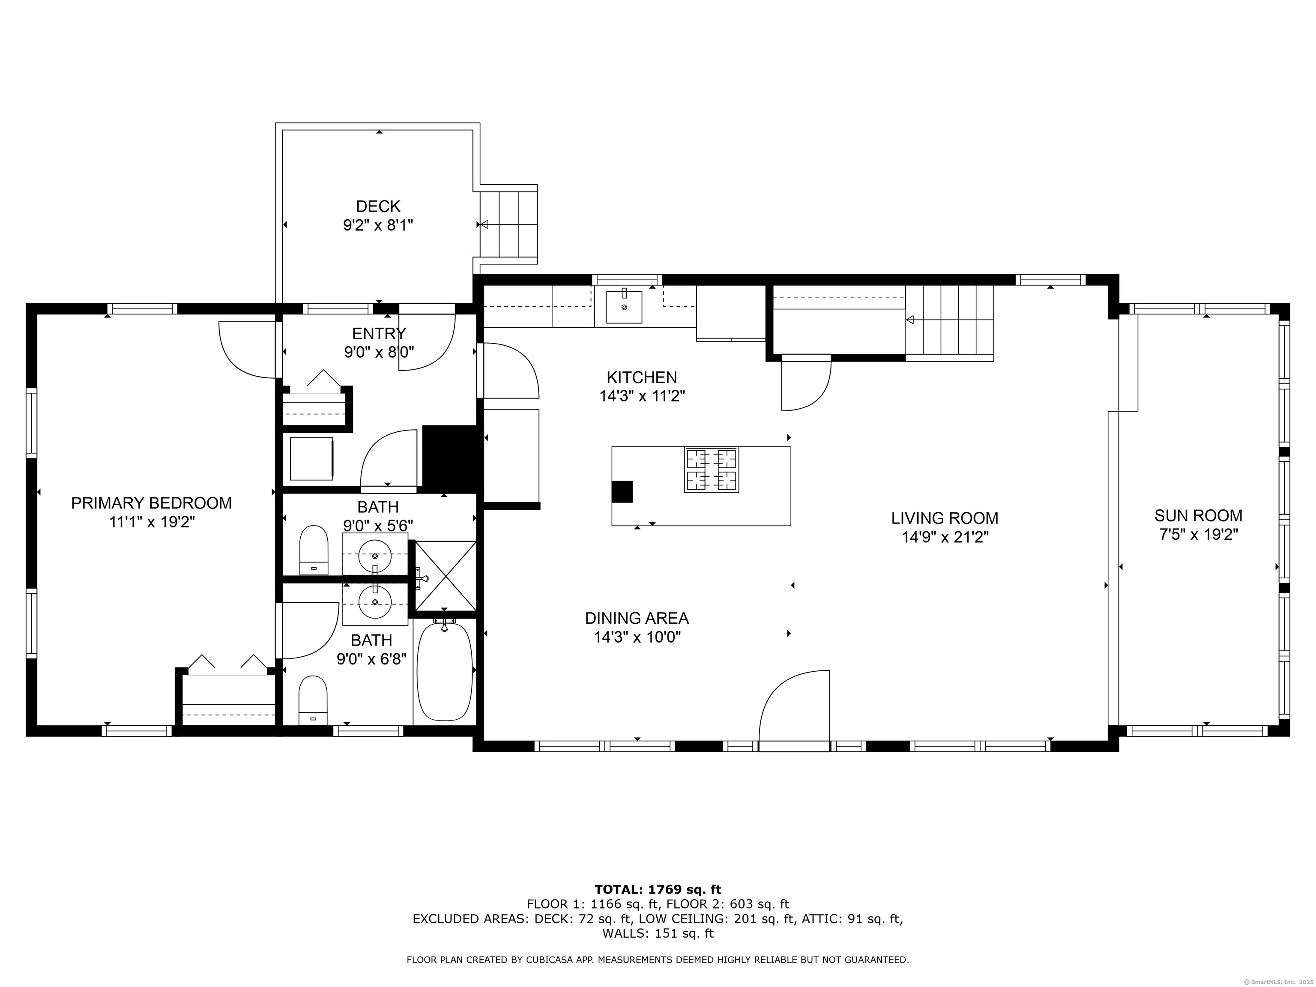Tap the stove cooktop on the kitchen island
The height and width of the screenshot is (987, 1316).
pyautogui.click(x=712, y=470)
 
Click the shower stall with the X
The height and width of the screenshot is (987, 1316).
pyautogui.click(x=446, y=576)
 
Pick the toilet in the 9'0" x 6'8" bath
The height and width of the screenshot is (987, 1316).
pyautogui.click(x=313, y=700)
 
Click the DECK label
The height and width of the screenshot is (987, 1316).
pyautogui.click(x=378, y=206)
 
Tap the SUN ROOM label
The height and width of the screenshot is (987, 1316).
pyautogui.click(x=1198, y=515)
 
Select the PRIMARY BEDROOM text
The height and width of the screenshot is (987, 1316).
pyautogui.click(x=151, y=503)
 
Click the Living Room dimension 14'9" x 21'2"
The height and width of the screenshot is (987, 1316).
pyautogui.click(x=945, y=537)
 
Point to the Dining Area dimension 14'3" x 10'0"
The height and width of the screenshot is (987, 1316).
pyautogui.click(x=637, y=637)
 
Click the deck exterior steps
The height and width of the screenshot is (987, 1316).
pyautogui.click(x=508, y=224)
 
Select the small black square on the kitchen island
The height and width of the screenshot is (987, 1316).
pyautogui.click(x=622, y=491)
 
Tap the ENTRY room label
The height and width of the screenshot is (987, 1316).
pyautogui.click(x=379, y=333)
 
